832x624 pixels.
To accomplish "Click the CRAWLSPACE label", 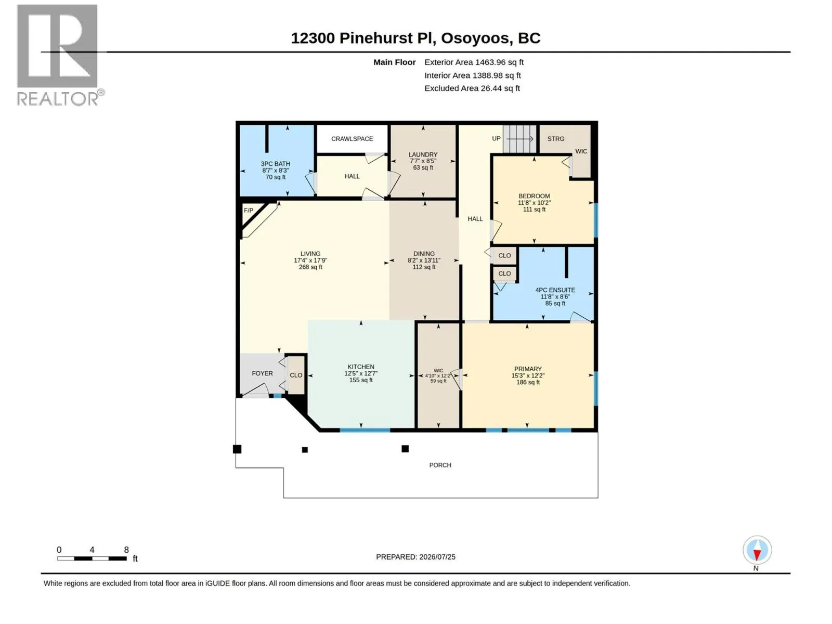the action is [352, 139].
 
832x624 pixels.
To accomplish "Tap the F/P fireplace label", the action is [248, 210].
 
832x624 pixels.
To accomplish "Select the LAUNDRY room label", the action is [423, 154].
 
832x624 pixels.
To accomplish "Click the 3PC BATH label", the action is [275, 164].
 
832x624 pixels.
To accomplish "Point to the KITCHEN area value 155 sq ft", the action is [361, 380].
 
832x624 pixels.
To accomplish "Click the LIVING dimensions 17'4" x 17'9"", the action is [310, 261].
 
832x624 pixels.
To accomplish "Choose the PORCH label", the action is [440, 465].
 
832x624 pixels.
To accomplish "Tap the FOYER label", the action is [262, 373].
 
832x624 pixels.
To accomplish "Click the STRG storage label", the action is [556, 139].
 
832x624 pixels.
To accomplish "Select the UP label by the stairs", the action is [496, 138].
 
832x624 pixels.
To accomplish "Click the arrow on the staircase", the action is [519, 139].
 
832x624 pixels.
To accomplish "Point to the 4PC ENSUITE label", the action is [555, 290].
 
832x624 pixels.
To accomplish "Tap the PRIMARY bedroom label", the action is [528, 369].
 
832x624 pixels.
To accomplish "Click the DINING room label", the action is [424, 253].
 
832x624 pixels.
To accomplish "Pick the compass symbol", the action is [757, 550].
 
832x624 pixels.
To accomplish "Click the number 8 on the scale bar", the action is [126, 550].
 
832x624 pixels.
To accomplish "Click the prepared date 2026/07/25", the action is [437, 557].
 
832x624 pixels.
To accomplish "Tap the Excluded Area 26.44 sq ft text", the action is [472, 88].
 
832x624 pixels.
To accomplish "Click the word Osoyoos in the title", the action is [475, 38].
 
